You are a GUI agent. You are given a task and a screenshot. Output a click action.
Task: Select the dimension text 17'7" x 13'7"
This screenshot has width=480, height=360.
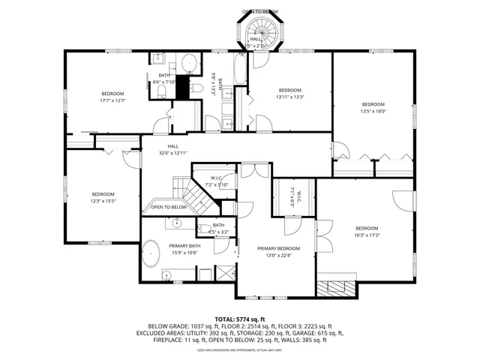pyautogui.click(x=113, y=100)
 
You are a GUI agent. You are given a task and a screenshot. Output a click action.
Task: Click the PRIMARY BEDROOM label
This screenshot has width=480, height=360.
pyautogui.click(x=278, y=248)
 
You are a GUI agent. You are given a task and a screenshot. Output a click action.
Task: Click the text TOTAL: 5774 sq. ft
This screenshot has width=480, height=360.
pyautogui.click(x=240, y=319)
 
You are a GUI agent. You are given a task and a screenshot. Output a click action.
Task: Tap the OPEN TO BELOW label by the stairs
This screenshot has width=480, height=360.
pyautogui.click(x=169, y=207)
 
